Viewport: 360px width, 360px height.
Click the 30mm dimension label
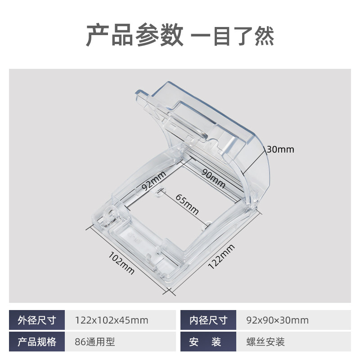tap(280, 149)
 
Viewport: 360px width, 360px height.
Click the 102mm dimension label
tap(122, 262)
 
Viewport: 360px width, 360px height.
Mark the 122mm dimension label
tap(221, 256)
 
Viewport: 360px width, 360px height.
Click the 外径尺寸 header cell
tap(37, 320)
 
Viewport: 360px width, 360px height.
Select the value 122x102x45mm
tap(111, 320)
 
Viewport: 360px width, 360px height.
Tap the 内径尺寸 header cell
tap(208, 320)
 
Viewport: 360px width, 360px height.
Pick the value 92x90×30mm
tap(277, 320)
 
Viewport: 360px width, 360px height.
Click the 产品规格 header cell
tap(37, 342)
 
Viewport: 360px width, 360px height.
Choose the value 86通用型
tap(95, 342)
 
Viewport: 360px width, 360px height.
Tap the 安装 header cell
tap(208, 342)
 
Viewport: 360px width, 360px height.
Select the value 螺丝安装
tap(265, 342)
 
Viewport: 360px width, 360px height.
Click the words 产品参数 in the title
tap(134, 36)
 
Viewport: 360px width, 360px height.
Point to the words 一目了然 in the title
tap(233, 36)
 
